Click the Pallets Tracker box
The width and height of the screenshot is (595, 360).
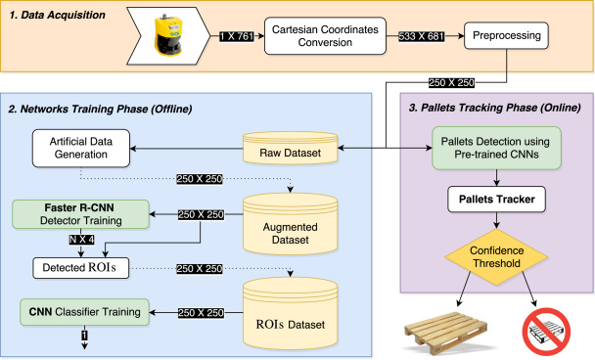coord(496,201)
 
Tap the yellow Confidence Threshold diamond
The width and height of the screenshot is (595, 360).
coord(496,253)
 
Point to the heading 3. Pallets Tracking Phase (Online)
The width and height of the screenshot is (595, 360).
coord(496,106)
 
